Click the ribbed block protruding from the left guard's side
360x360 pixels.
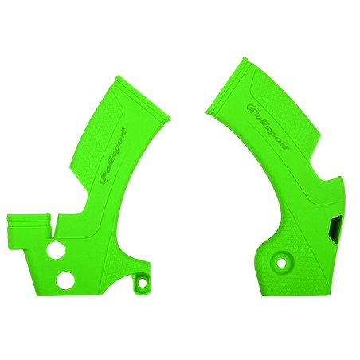[24, 224]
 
